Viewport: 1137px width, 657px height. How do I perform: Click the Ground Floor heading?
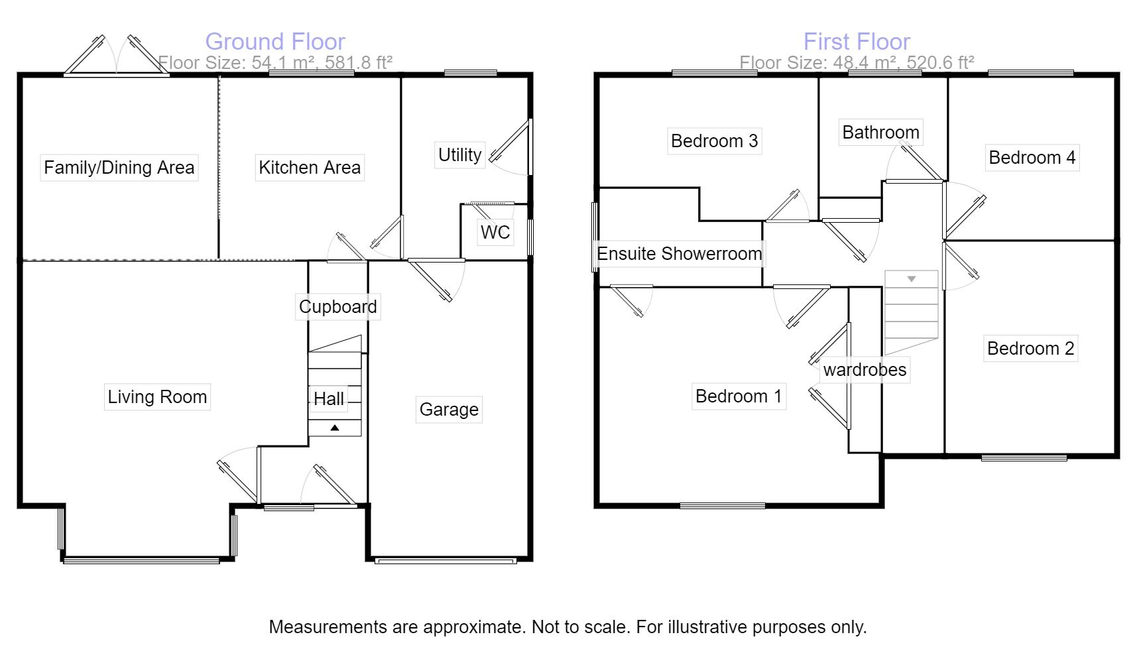click(275, 42)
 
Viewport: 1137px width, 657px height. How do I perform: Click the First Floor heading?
click(857, 42)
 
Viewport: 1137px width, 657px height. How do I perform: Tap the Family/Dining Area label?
click(119, 167)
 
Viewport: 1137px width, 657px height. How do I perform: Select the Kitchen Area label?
click(310, 167)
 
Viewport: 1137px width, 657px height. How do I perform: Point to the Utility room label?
click(459, 155)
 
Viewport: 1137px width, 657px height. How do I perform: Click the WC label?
click(495, 232)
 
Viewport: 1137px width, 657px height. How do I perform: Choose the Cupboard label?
click(337, 307)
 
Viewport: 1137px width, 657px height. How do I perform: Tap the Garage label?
click(449, 410)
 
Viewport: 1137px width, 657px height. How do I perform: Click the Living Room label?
click(157, 397)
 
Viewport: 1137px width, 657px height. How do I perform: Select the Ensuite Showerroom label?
click(680, 254)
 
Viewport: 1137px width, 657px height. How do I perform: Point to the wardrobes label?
click(865, 370)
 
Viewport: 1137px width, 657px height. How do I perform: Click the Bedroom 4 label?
click(1032, 158)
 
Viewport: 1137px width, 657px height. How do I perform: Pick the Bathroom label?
click(880, 133)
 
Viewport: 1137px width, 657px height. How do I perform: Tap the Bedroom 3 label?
click(714, 141)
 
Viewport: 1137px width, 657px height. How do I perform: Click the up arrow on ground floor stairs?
click(335, 428)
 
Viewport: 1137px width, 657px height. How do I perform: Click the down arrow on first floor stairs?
click(912, 279)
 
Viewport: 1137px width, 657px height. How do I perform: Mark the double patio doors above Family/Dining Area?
click(117, 56)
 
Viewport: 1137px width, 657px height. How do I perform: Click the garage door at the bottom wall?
click(445, 561)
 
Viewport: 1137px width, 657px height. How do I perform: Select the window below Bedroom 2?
click(1024, 457)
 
